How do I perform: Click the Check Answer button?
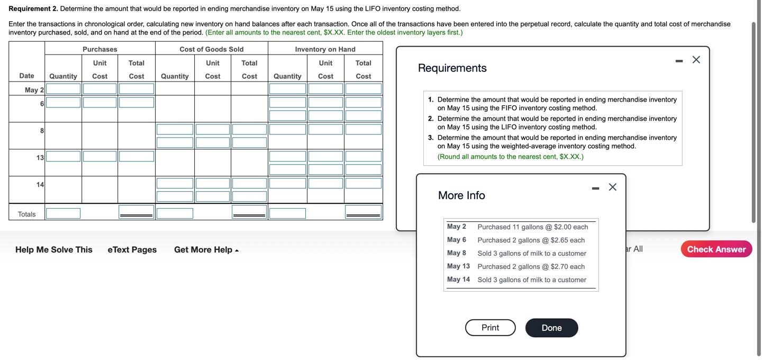[x=716, y=249]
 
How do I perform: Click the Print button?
[x=490, y=328]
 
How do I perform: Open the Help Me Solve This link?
[x=54, y=250]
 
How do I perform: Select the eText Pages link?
[x=132, y=250]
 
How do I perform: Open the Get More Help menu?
[x=206, y=250]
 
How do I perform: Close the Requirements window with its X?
[x=696, y=60]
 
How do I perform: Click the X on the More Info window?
[x=613, y=187]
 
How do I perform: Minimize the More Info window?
[x=596, y=188]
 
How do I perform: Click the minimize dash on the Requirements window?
[x=679, y=61]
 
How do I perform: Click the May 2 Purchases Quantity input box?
[x=63, y=89]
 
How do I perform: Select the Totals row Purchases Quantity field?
[x=63, y=213]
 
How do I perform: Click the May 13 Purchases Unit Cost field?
[x=100, y=157]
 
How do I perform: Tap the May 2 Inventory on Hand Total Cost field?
[x=364, y=89]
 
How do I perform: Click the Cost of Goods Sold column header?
[x=212, y=49]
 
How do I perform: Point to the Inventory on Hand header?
[x=325, y=49]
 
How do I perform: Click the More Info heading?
[x=461, y=195]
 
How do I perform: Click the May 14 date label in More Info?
[x=458, y=280]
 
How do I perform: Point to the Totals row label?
[x=27, y=214]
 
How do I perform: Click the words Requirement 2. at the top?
[x=33, y=8]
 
